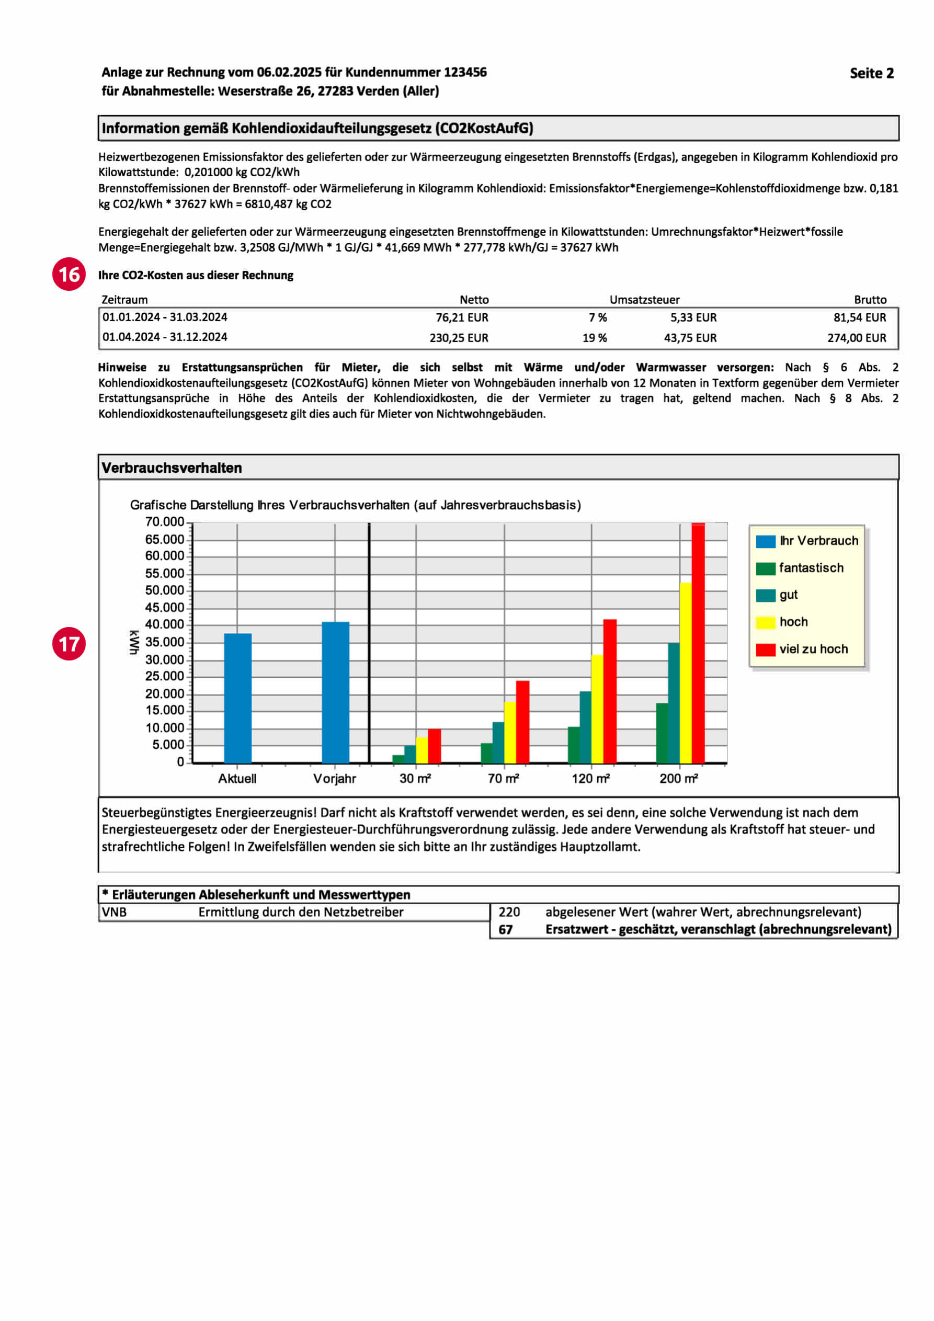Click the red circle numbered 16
tap(69, 274)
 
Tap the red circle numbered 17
tap(69, 643)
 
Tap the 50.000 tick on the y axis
tap(164, 590)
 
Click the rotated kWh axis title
tap(133, 642)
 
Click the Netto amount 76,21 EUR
tap(462, 317)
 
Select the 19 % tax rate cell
tap(595, 338)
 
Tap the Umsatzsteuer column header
tap(644, 300)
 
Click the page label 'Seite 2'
tap(871, 73)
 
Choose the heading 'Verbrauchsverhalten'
tap(172, 468)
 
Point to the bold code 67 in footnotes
tap(505, 930)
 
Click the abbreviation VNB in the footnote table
tap(114, 912)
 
